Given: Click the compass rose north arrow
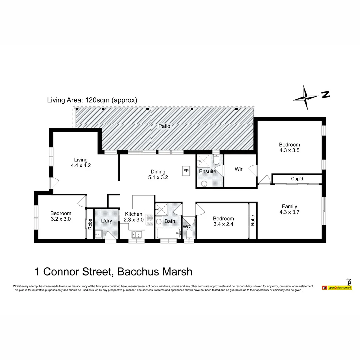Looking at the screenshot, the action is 306,97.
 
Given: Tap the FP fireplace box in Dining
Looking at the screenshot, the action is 186,171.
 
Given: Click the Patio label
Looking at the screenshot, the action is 164,126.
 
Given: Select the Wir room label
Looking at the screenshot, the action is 238,169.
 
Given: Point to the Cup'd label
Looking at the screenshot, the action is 297,179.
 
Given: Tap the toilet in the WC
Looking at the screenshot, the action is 189,235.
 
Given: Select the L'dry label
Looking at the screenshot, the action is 106,221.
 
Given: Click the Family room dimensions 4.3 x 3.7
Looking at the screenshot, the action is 289,212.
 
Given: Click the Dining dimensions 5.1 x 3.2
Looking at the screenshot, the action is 158,177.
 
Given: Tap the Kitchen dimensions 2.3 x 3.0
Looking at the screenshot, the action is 134,220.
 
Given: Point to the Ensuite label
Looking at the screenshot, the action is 208,171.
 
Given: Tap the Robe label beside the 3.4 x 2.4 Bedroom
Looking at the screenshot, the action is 253,221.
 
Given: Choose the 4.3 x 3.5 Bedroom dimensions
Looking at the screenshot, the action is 289,150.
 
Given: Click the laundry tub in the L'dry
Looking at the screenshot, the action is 99,234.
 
